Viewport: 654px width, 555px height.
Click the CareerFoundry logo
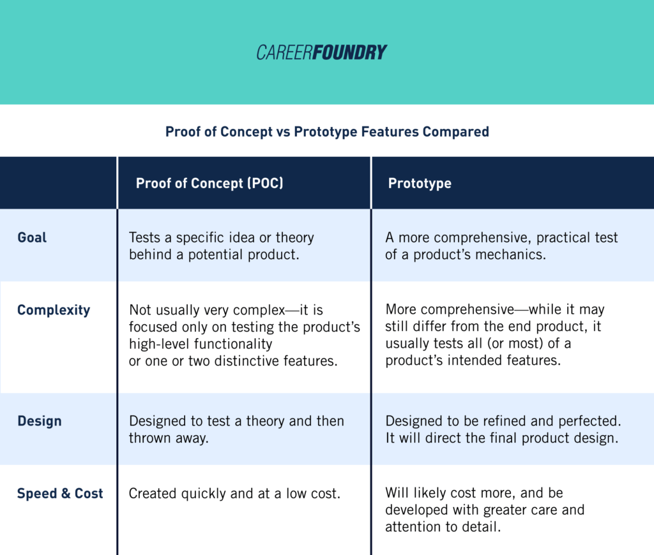(322, 52)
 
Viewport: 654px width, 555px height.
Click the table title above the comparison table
(327, 132)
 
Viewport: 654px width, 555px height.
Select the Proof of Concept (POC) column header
(209, 184)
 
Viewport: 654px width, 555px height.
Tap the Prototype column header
(420, 184)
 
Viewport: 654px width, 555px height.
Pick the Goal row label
(33, 238)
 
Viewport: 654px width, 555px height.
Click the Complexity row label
(54, 311)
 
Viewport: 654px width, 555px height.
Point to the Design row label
(40, 421)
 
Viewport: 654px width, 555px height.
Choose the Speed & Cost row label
(60, 494)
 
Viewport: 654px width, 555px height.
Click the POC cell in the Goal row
(222, 246)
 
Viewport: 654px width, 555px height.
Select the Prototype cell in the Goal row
(501, 246)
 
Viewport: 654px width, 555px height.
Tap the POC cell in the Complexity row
(244, 335)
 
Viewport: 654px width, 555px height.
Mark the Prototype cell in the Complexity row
(494, 335)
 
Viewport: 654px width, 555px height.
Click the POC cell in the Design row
(236, 429)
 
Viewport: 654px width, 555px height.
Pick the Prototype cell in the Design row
(503, 429)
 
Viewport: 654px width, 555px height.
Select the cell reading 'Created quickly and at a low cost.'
(234, 494)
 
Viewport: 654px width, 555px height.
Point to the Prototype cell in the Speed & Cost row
(485, 510)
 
